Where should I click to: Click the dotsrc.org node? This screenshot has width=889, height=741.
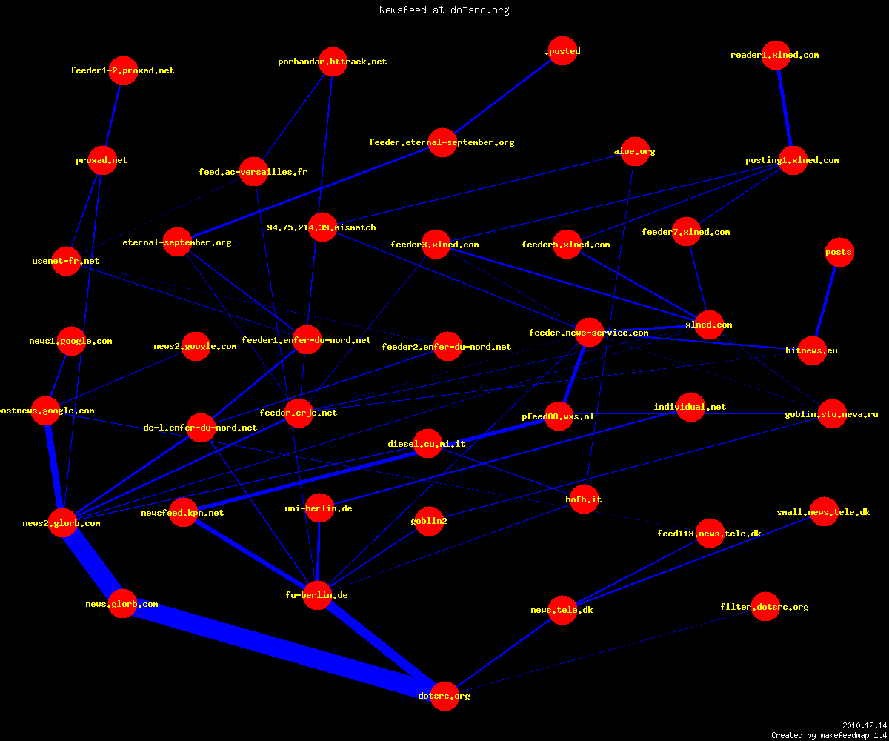pyautogui.click(x=444, y=696)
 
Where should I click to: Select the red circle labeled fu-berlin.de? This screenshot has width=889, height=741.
pyautogui.click(x=317, y=595)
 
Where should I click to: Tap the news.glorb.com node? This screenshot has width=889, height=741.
pyautogui.click(x=123, y=604)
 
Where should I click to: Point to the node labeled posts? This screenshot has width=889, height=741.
pyautogui.click(x=839, y=252)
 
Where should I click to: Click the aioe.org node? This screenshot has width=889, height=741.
pyautogui.click(x=635, y=151)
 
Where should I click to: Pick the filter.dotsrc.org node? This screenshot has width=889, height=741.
pyautogui.click(x=765, y=606)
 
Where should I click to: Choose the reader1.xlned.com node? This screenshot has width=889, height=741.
pyautogui.click(x=776, y=55)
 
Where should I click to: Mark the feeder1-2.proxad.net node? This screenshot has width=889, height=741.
pyautogui.click(x=123, y=70)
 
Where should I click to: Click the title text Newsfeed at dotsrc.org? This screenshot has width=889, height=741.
pyautogui.click(x=444, y=10)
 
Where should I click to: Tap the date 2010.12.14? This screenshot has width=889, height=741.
pyautogui.click(x=865, y=725)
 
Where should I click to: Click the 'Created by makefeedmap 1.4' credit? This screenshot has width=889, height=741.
pyautogui.click(x=828, y=735)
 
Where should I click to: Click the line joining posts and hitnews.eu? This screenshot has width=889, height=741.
pyautogui.click(x=826, y=301)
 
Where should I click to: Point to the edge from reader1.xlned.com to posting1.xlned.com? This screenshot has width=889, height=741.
pyautogui.click(x=785, y=107)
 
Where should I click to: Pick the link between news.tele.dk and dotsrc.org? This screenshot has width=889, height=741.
pyautogui.click(x=504, y=652)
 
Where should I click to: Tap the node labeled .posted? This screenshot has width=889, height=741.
pyautogui.click(x=562, y=50)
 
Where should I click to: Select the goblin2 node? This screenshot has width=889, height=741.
pyautogui.click(x=429, y=521)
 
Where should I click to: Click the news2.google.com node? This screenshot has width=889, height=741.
pyautogui.click(x=196, y=346)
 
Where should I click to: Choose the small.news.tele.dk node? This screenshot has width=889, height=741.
pyautogui.click(x=824, y=511)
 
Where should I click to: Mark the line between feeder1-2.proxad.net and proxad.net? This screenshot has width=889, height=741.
pyautogui.click(x=113, y=116)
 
